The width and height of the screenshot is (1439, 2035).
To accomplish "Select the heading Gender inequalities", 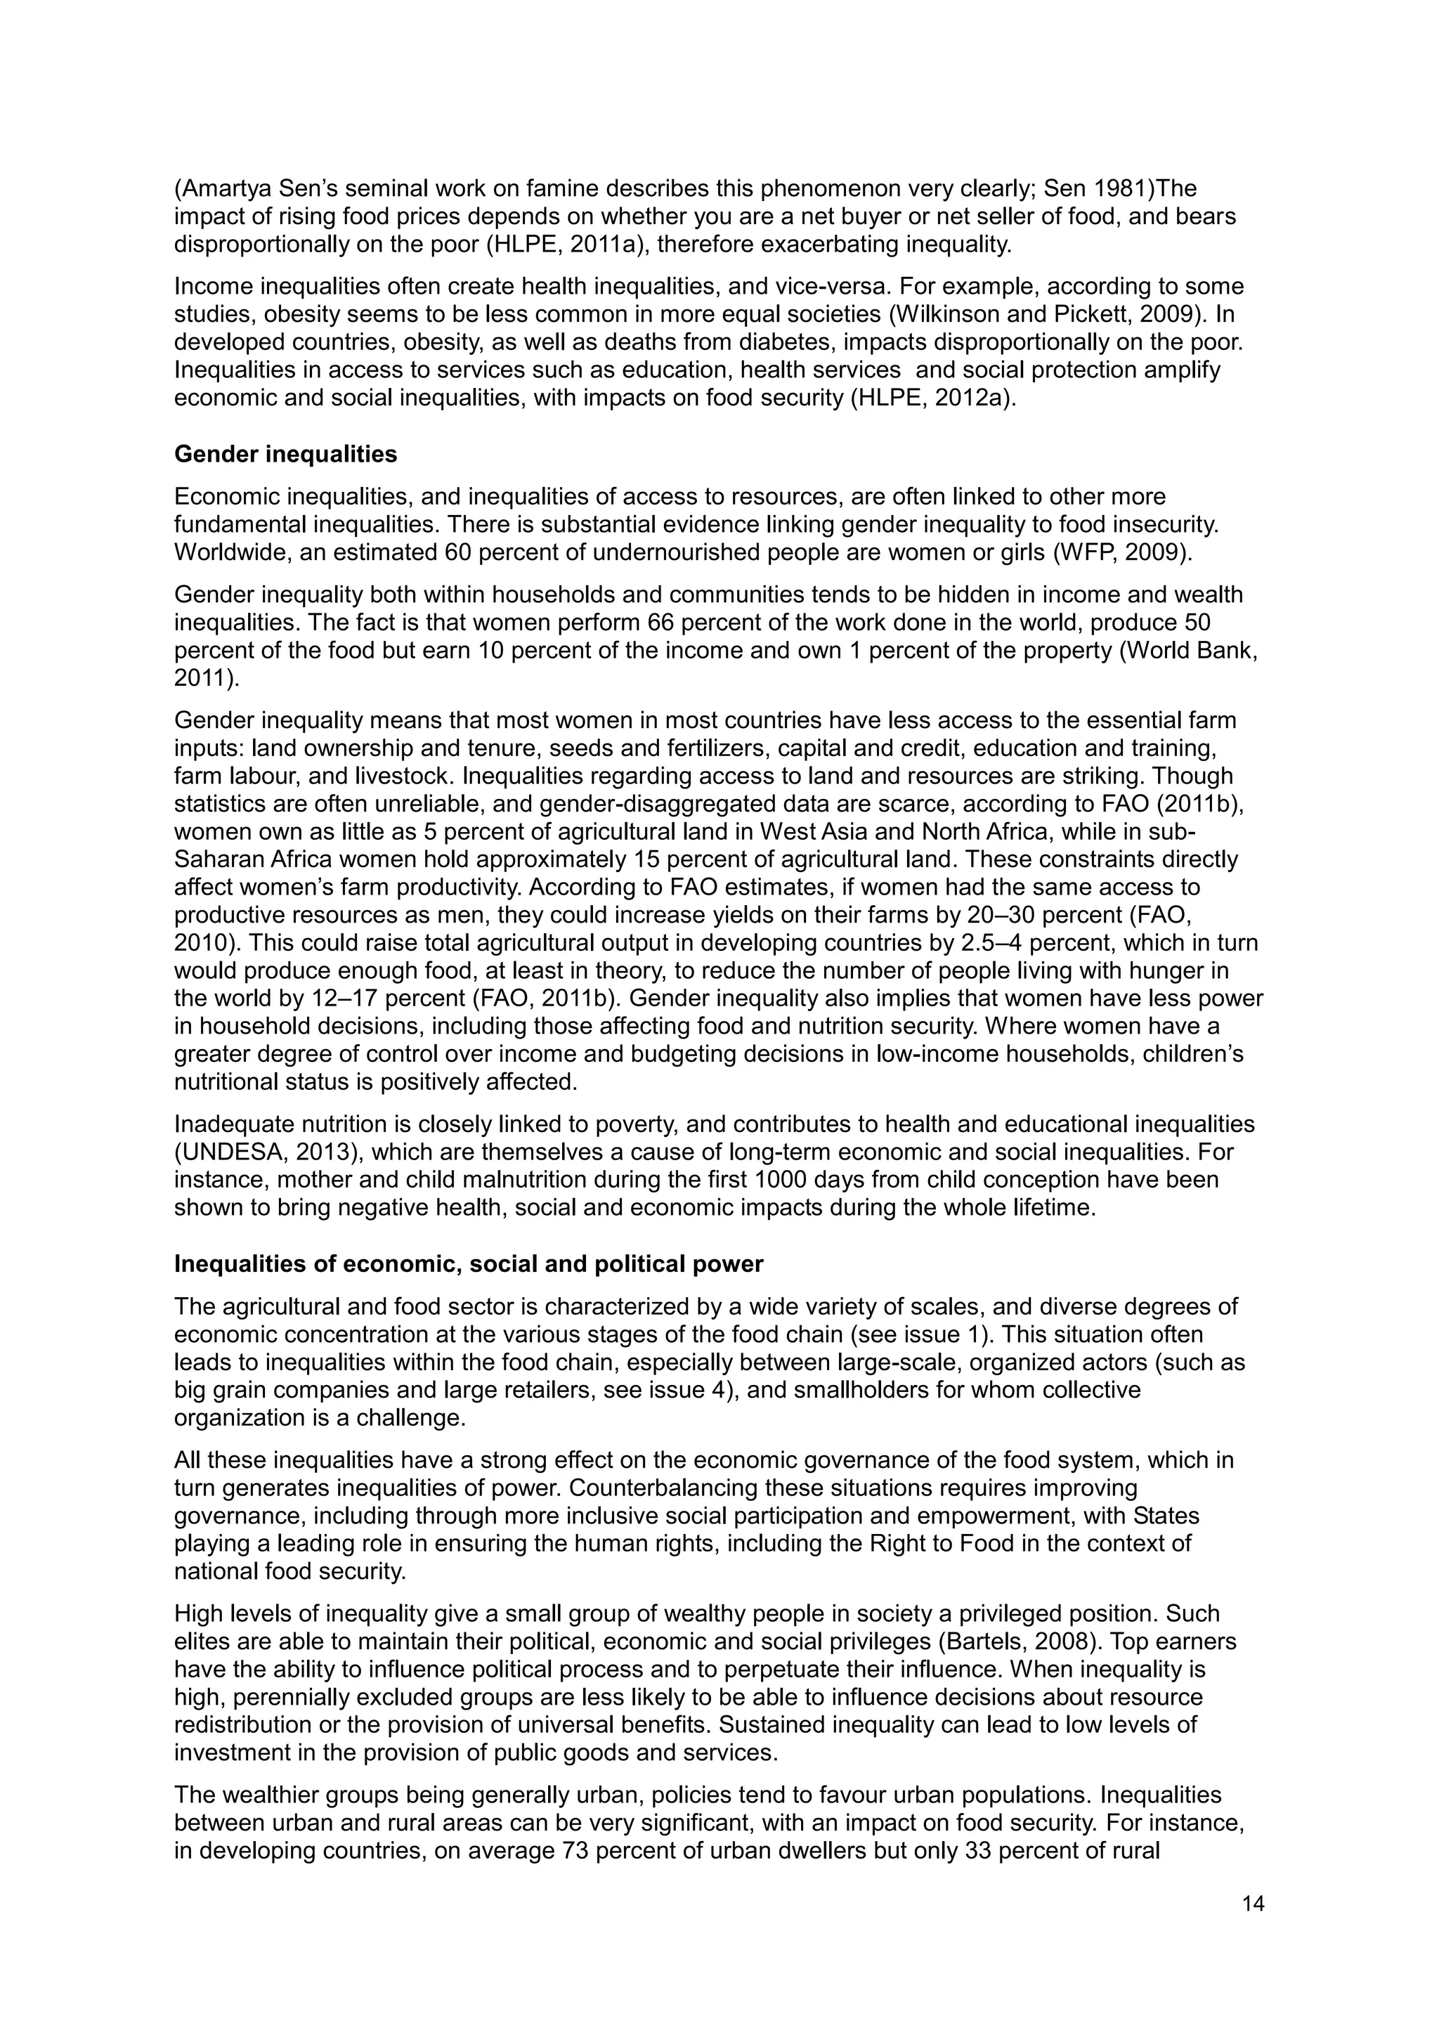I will [285, 455].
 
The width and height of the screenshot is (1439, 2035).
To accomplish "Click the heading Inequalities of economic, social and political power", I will [468, 1264].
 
